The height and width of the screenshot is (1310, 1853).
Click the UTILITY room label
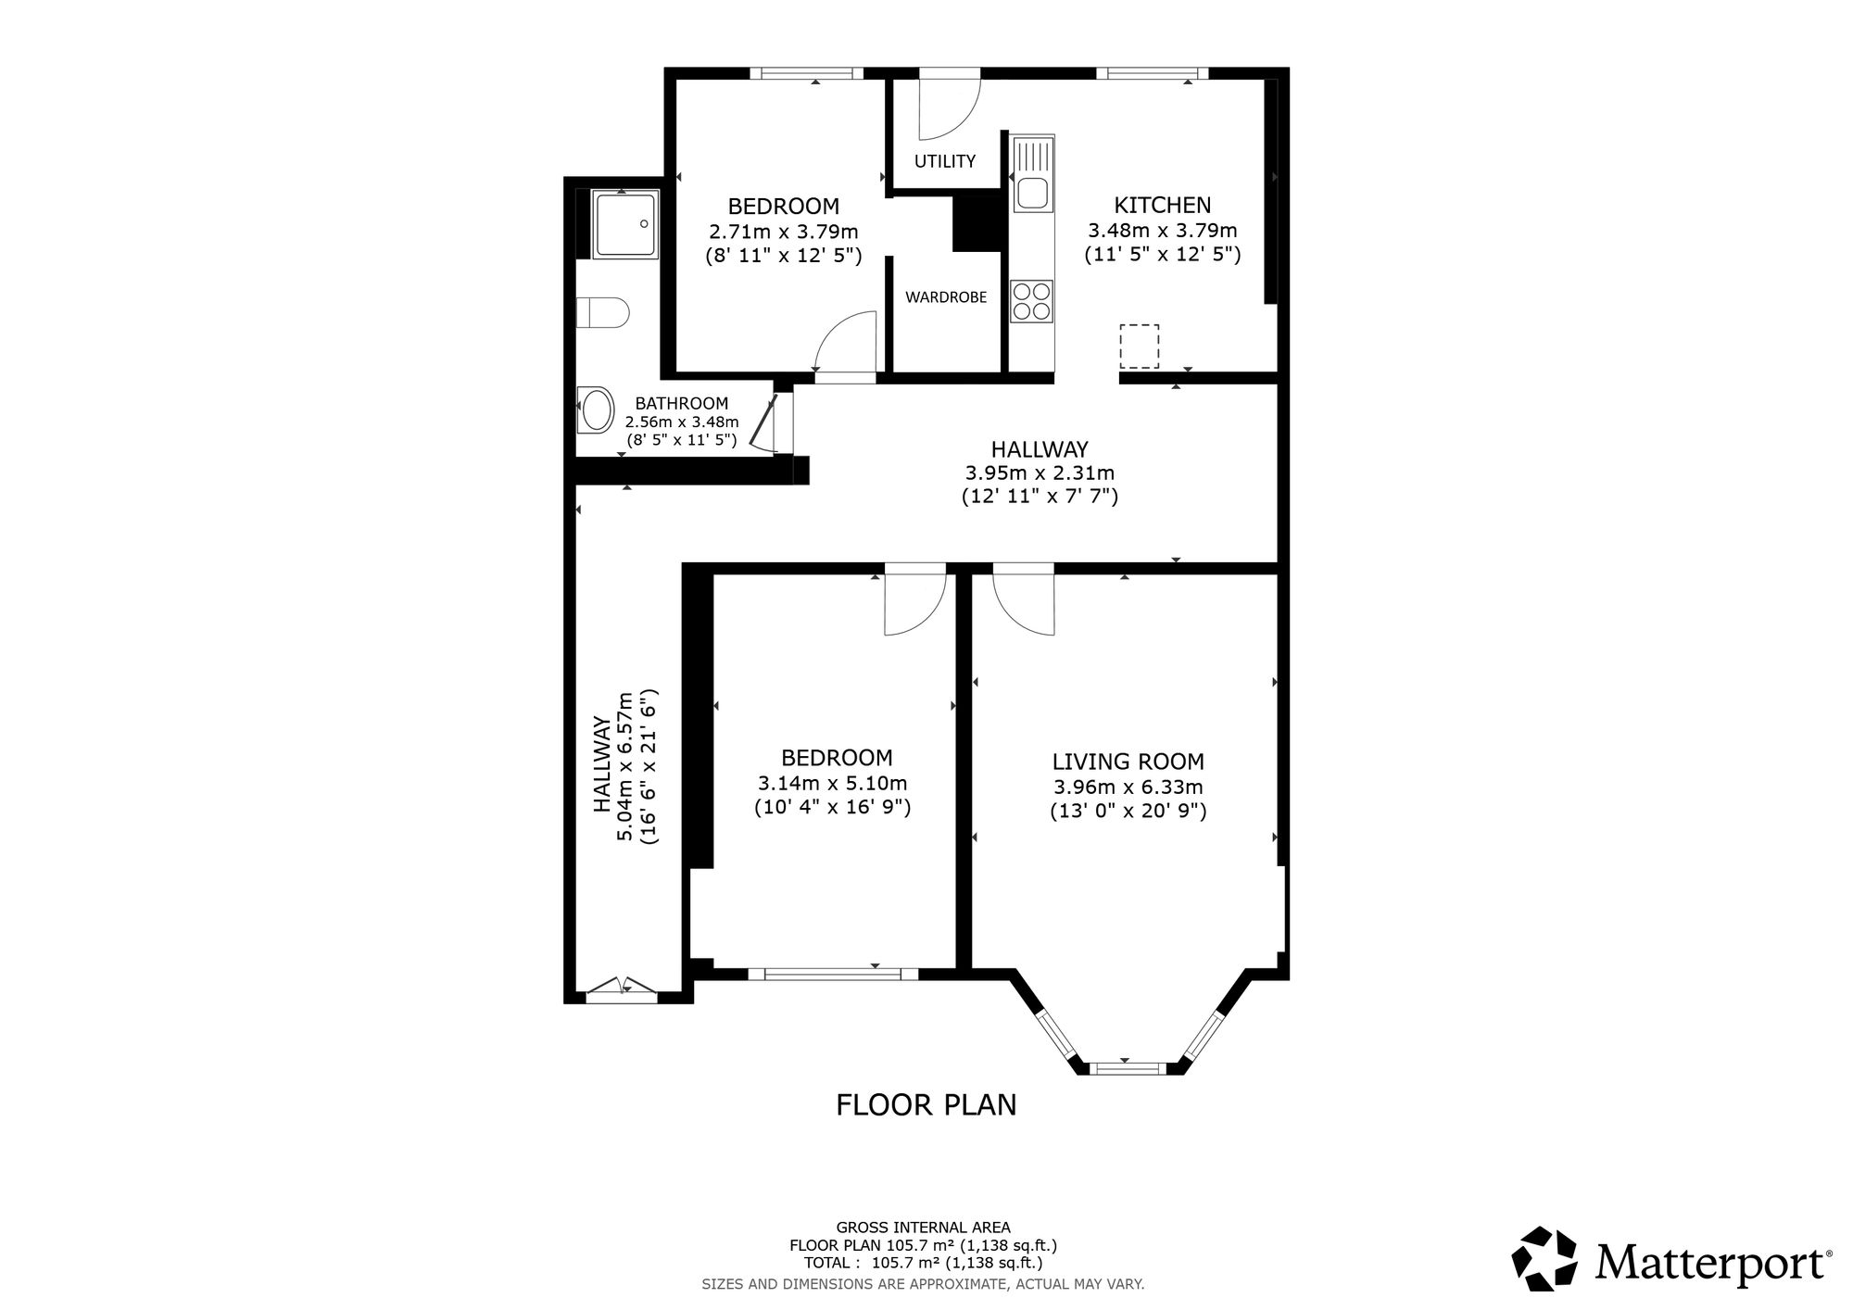click(x=944, y=161)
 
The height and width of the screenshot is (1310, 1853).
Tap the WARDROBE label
click(x=946, y=297)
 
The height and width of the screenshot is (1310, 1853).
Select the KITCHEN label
click(x=1162, y=205)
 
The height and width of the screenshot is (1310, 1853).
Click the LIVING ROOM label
click(x=1128, y=762)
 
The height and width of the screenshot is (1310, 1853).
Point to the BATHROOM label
click(x=681, y=403)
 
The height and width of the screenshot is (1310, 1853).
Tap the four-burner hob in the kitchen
click(x=1032, y=300)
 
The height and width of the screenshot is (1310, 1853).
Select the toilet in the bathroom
click(x=602, y=312)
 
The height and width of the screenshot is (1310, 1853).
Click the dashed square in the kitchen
click(x=1139, y=346)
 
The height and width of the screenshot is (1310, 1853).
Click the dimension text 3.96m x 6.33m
click(x=1128, y=787)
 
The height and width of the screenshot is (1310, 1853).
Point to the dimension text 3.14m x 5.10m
click(x=832, y=783)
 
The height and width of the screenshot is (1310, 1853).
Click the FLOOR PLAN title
click(x=926, y=1104)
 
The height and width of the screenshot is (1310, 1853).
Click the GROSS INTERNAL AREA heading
click(x=924, y=1228)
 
